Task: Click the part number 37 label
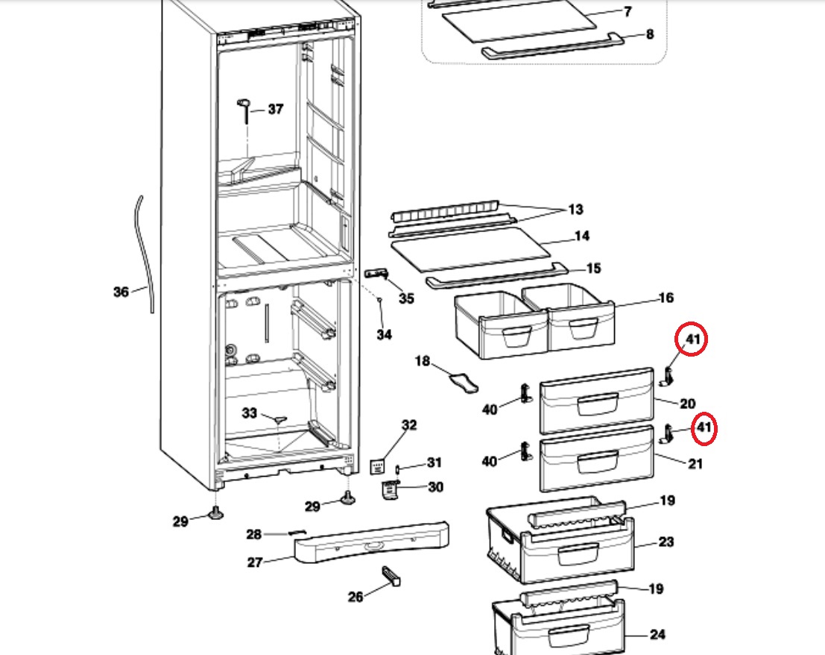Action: click(276, 109)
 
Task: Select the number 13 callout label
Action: click(575, 209)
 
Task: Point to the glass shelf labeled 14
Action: click(472, 249)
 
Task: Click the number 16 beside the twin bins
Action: click(666, 298)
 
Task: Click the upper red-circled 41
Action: click(692, 339)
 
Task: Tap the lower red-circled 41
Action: click(704, 427)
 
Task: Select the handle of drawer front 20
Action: click(598, 404)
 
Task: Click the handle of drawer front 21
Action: click(598, 462)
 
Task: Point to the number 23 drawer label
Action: click(666, 542)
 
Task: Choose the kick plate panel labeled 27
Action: click(371, 542)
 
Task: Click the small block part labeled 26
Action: click(391, 575)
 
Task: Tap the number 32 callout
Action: click(409, 425)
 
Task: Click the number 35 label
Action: click(406, 298)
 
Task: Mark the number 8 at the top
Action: click(650, 34)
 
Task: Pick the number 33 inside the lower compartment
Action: click(250, 413)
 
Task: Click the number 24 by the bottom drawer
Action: click(657, 634)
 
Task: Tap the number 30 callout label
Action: click(436, 487)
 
